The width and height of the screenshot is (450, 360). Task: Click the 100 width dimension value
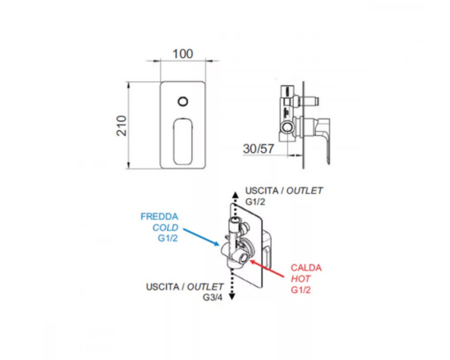182,54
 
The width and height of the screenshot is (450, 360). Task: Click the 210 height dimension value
122,125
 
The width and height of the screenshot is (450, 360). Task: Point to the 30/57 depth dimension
259,149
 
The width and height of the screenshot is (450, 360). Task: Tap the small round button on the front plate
182,101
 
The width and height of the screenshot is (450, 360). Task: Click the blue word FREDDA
160,217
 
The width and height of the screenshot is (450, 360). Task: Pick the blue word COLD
165,227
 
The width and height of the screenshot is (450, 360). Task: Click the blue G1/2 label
168,238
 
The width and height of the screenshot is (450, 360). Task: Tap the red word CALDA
306,268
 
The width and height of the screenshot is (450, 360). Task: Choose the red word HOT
300,279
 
